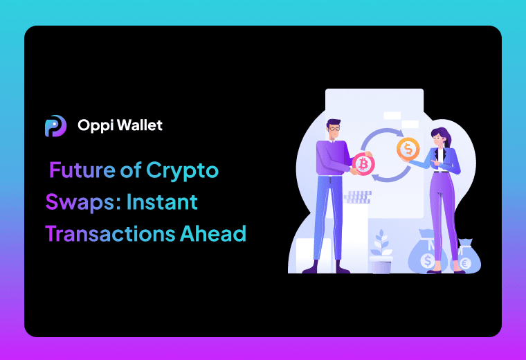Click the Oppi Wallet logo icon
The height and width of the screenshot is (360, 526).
point(55,125)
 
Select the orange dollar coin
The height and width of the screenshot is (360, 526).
point(408,147)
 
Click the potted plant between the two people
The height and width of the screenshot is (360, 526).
point(381,253)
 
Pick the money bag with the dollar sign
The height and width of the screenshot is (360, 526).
point(427,256)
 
